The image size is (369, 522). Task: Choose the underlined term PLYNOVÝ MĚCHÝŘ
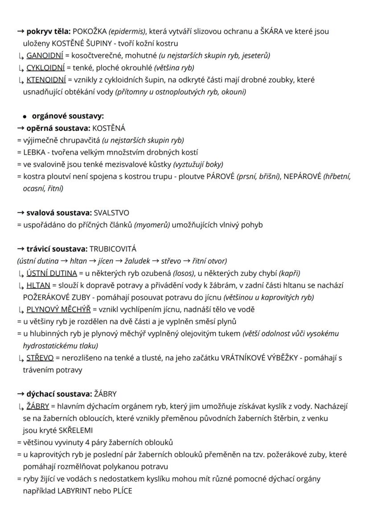[x=58, y=309]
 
